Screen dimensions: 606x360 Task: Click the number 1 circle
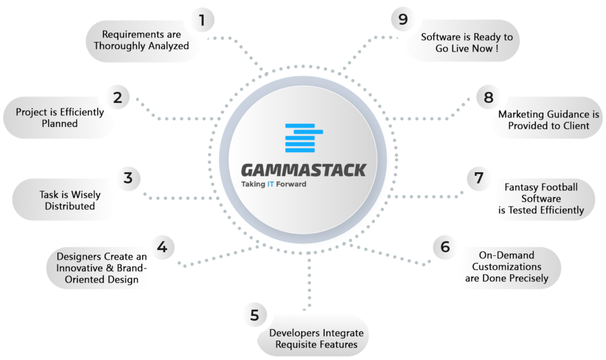[202, 20]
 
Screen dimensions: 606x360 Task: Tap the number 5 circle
[254, 315]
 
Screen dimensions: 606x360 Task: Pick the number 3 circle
[128, 178]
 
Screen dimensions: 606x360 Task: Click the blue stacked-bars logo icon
[304, 138]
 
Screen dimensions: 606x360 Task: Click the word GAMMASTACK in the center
[304, 171]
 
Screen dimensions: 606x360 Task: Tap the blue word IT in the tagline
[270, 184]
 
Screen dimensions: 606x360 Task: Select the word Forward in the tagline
[291, 184]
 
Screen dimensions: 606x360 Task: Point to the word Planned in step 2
[60, 124]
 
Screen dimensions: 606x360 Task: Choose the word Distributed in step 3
[70, 206]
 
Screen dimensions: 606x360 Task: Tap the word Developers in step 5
[295, 333]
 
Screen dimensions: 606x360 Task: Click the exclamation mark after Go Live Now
[497, 49]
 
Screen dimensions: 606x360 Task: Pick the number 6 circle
[445, 247]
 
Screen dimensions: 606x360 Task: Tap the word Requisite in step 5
[298, 345]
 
